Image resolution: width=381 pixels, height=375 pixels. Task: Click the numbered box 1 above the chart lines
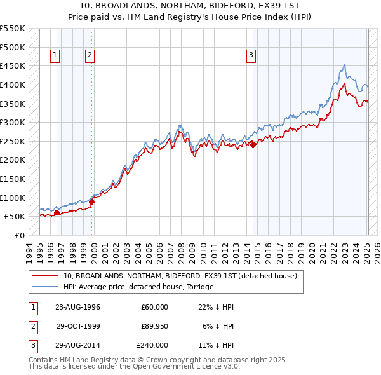(56, 55)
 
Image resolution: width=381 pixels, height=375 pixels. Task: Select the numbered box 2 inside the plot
(90, 55)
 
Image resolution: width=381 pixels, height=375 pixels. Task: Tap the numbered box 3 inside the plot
(251, 55)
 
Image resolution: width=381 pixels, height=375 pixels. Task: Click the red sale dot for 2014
(253, 145)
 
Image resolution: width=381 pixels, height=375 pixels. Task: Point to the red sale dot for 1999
(91, 201)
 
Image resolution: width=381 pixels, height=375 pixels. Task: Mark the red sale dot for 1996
(57, 213)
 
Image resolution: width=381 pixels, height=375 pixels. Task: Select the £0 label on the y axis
(19, 235)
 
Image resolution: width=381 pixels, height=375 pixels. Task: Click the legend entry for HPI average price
(138, 287)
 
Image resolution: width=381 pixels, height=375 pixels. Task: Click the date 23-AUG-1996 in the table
(77, 307)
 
